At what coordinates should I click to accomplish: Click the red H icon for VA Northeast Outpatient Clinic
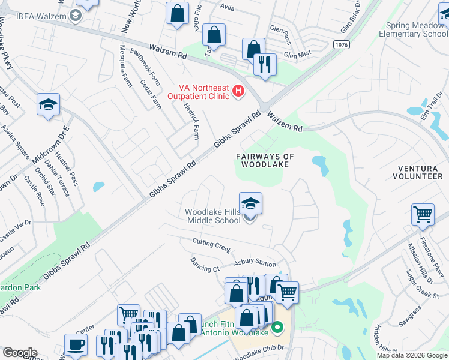coord(238,91)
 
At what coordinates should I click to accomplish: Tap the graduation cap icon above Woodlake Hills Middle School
coord(250,203)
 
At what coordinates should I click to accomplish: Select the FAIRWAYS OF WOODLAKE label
coord(265,160)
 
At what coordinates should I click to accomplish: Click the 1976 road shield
coord(342,44)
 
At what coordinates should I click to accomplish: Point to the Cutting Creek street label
coord(211,242)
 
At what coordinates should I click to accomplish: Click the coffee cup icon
coord(75,344)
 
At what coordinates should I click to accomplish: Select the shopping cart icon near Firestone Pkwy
coord(423,214)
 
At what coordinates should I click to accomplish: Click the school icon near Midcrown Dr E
coord(48,104)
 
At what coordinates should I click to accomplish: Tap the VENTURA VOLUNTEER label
coord(417,172)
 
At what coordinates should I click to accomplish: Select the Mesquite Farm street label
coord(126,66)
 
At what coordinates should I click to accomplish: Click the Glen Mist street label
coord(298,55)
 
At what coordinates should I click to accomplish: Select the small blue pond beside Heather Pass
coord(98,187)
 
